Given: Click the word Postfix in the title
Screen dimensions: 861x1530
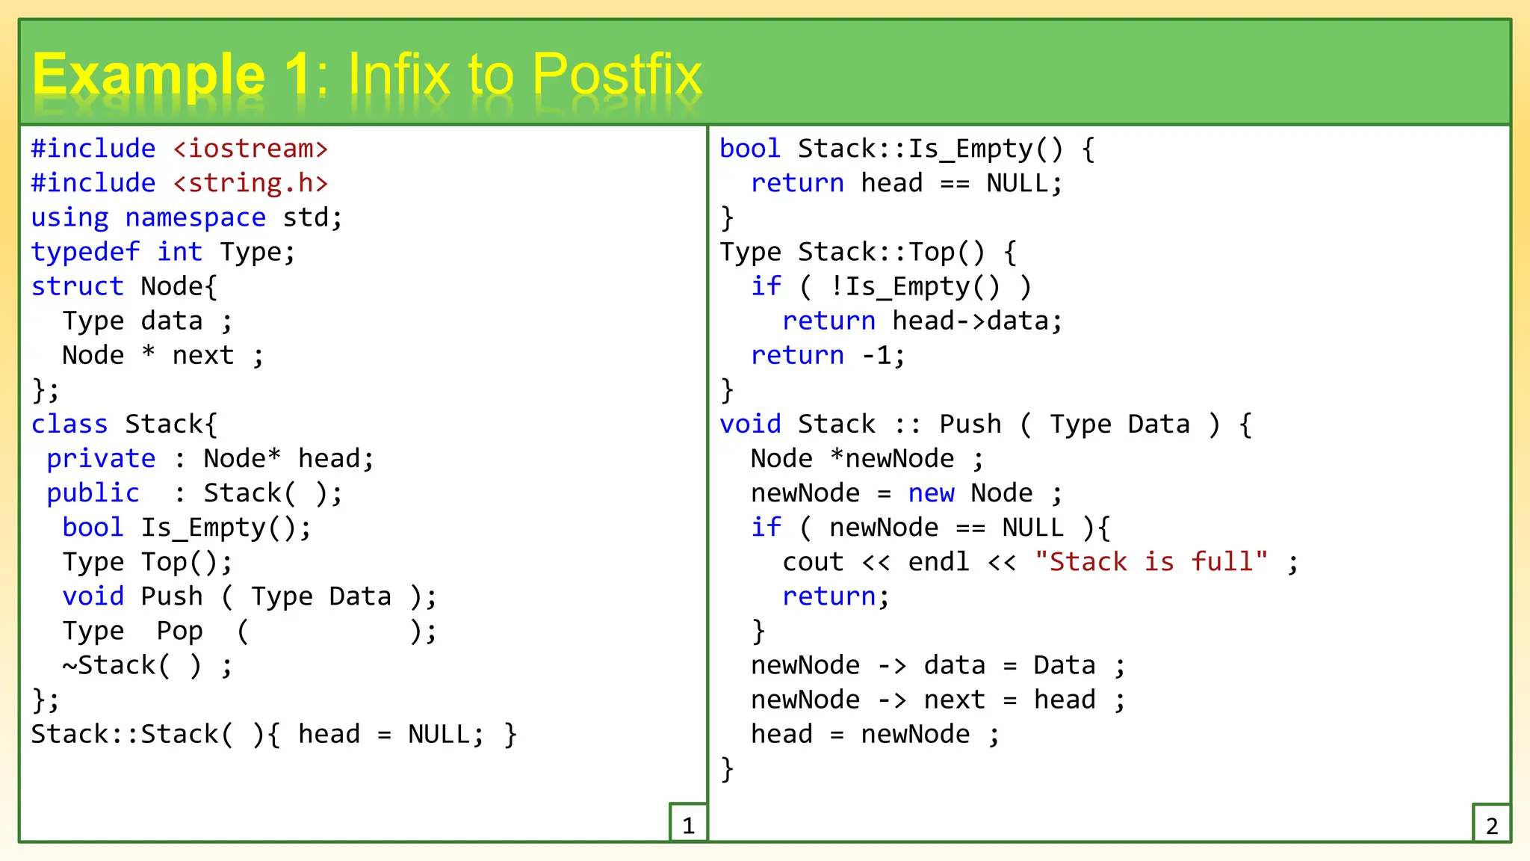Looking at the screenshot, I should pos(617,75).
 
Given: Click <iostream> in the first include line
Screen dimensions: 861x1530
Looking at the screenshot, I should pos(250,149).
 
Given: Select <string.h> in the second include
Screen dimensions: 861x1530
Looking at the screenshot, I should pos(250,183).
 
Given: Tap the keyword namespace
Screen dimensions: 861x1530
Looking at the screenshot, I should pos(195,217).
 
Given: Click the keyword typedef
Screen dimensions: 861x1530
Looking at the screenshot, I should pos(85,252).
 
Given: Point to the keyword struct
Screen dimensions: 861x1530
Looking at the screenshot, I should pos(77,286).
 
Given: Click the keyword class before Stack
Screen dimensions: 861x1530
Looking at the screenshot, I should pos(69,424).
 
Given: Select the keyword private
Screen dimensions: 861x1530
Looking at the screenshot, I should pos(101,458).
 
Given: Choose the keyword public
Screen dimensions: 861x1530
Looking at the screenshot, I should pos(93,493).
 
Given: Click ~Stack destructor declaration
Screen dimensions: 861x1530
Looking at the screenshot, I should pos(117,665).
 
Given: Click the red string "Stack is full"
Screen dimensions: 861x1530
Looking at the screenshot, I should pos(1151,562).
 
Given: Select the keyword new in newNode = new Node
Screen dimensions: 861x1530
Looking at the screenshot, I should pos(931,493).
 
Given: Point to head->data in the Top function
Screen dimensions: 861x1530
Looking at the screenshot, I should pos(976,321).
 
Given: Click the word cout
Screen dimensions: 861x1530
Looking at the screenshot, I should pos(813,562).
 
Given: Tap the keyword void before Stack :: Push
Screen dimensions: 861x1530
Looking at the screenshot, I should pos(750,424).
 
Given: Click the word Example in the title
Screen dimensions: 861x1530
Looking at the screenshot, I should pos(149,75).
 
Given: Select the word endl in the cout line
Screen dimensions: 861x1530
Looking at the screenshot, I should pos(938,562).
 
